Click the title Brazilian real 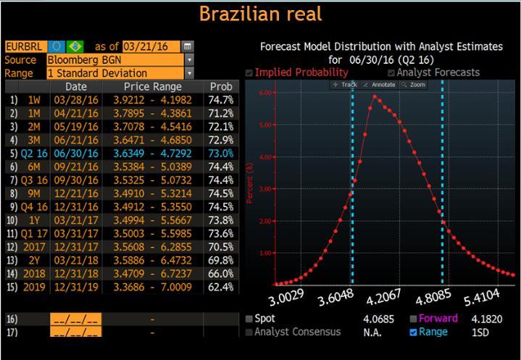[x=260, y=14]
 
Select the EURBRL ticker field [x=23, y=46]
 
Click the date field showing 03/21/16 [x=151, y=46]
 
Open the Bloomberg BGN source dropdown [x=189, y=60]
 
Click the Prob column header [x=221, y=86]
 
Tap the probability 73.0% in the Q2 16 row [x=221, y=154]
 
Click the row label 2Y [x=33, y=260]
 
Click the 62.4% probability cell [x=221, y=287]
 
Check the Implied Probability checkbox [x=249, y=72]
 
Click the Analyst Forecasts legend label [x=438, y=72]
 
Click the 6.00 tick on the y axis [x=265, y=93]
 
